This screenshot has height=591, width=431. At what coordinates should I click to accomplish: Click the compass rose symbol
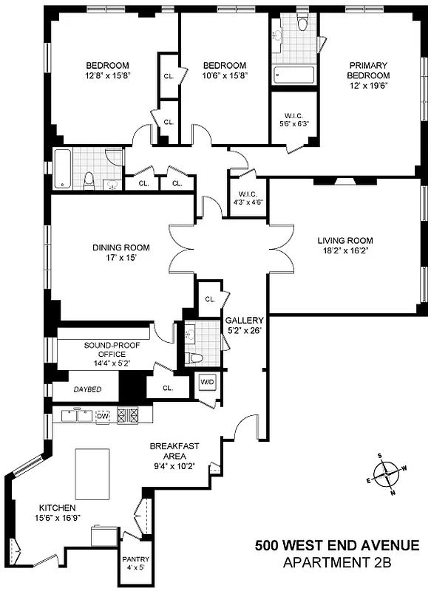389,473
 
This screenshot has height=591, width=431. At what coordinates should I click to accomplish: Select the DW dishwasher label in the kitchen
103,417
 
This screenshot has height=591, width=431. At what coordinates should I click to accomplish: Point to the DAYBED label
86,389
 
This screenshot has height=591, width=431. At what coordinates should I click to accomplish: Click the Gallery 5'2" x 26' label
244,325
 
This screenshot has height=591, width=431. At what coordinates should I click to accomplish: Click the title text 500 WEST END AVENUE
337,547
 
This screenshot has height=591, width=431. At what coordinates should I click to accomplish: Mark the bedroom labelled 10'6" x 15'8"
225,75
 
